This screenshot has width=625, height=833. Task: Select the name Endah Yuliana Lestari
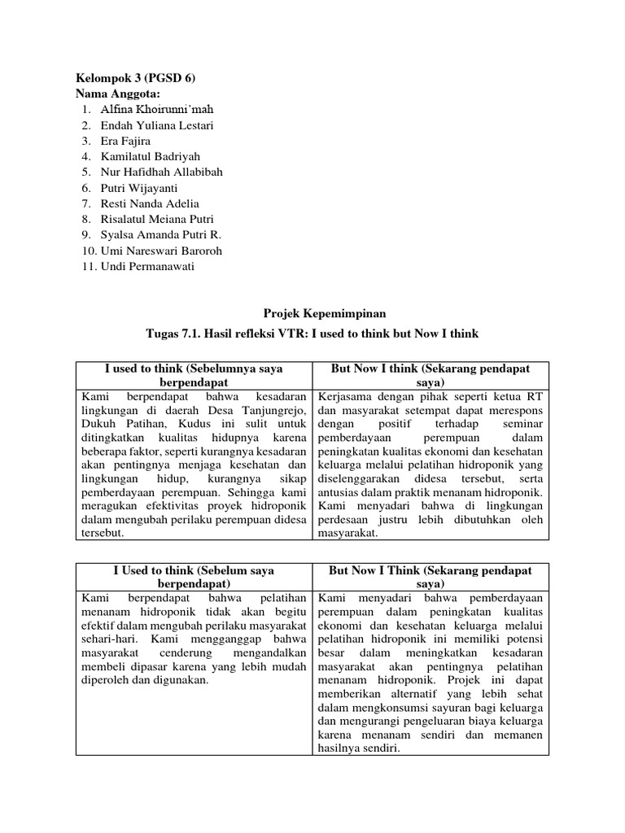(150, 125)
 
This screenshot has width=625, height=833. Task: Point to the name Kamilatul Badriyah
(150, 156)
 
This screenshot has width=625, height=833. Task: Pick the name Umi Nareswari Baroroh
(161, 251)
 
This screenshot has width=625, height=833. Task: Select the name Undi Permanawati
(148, 266)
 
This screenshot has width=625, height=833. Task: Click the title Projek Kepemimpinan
(312, 313)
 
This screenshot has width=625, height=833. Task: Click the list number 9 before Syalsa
(86, 235)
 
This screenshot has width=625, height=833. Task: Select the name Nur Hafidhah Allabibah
(161, 172)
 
